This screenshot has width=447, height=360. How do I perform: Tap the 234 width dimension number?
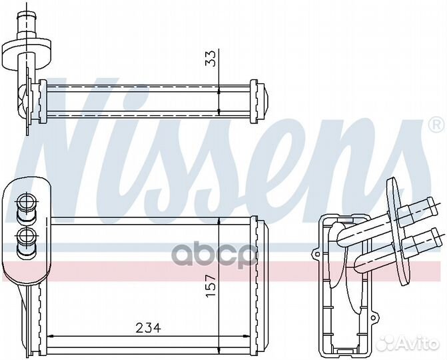point(147,328)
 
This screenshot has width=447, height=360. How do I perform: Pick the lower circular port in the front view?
point(27,235)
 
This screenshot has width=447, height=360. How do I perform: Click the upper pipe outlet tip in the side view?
point(435,204)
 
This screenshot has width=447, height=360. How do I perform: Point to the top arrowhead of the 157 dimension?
point(220,224)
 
